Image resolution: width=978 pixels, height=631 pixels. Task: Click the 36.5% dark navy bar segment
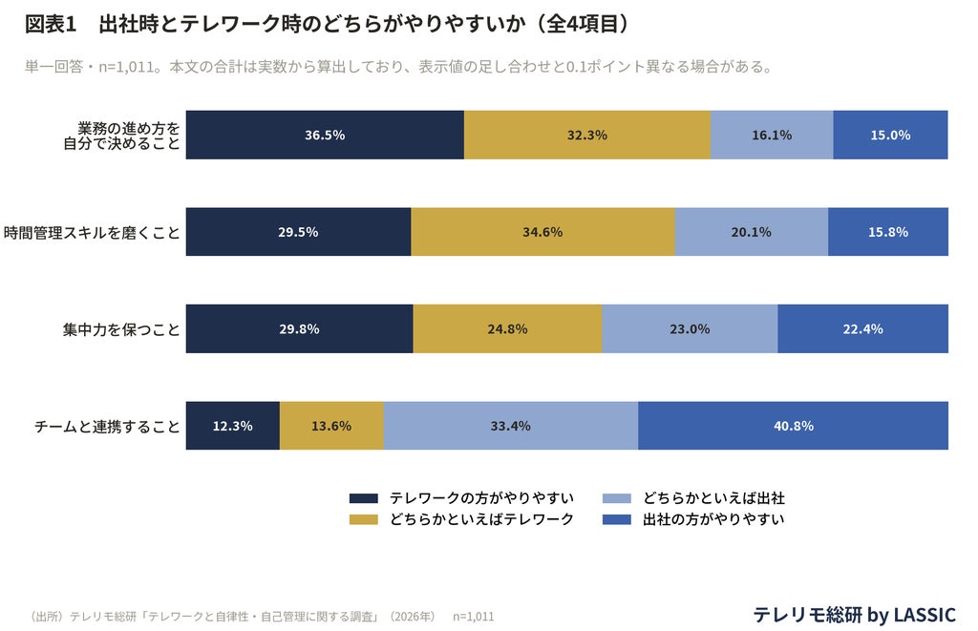click(x=325, y=135)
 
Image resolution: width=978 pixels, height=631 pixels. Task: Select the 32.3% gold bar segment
click(x=587, y=135)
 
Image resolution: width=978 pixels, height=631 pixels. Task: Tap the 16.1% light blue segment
click(x=772, y=135)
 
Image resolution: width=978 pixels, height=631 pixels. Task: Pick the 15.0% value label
click(x=890, y=136)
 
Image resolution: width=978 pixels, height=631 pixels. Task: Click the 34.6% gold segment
click(x=542, y=232)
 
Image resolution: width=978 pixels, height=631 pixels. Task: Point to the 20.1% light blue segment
click(x=752, y=232)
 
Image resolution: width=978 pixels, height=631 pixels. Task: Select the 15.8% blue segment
click(x=888, y=232)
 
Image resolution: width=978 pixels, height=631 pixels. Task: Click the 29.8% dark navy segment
click(x=299, y=328)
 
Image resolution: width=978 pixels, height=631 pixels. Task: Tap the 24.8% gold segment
click(x=508, y=328)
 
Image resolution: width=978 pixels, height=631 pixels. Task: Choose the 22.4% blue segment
click(x=862, y=328)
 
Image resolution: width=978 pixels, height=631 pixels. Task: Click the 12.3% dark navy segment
click(x=233, y=426)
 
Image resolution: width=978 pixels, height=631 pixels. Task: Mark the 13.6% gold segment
click(x=331, y=426)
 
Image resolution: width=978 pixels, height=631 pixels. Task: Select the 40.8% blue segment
click(x=794, y=426)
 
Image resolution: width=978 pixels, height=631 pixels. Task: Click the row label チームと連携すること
click(x=107, y=427)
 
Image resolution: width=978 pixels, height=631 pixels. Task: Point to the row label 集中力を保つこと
click(x=121, y=329)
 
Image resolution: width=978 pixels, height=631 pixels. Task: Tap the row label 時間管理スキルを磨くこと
click(x=92, y=233)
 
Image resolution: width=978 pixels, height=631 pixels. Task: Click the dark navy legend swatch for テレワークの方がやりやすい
click(x=364, y=498)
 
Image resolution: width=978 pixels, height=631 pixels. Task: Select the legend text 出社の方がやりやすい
click(x=713, y=519)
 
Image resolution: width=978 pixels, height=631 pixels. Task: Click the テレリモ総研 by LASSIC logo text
click(x=854, y=615)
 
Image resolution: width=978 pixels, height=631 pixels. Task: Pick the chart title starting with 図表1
click(x=327, y=24)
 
